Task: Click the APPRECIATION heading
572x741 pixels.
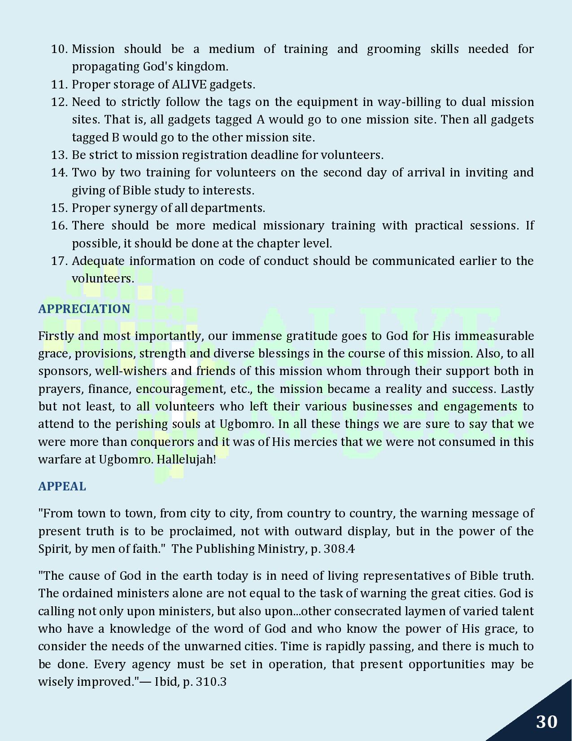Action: tap(84, 309)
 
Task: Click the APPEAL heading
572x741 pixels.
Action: tap(62, 486)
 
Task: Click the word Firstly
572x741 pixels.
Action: tap(56, 336)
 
